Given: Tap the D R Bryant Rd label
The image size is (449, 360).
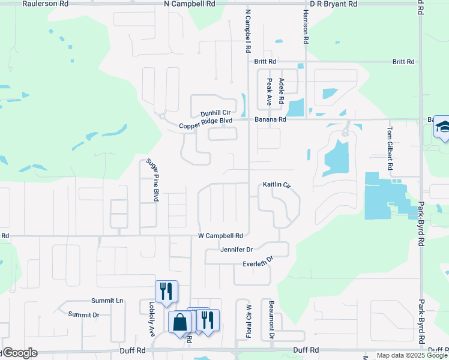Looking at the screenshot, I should click(x=329, y=4).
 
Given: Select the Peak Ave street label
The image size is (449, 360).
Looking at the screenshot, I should click(x=270, y=92).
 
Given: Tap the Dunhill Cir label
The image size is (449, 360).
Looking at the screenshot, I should click(x=215, y=113).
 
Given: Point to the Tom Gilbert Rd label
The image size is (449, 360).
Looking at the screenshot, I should click(x=390, y=147).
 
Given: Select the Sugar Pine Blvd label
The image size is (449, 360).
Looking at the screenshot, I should click(x=152, y=179).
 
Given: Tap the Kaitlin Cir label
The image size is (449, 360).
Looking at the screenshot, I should click(x=277, y=185).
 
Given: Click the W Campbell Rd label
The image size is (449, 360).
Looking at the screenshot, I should click(x=220, y=236).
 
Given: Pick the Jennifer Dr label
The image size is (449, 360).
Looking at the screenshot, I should click(x=237, y=250).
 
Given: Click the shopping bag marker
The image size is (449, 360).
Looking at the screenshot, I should click(x=180, y=322).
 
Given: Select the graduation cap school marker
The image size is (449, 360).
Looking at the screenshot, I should click(x=443, y=127).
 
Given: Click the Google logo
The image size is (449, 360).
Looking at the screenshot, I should click(x=20, y=353).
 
